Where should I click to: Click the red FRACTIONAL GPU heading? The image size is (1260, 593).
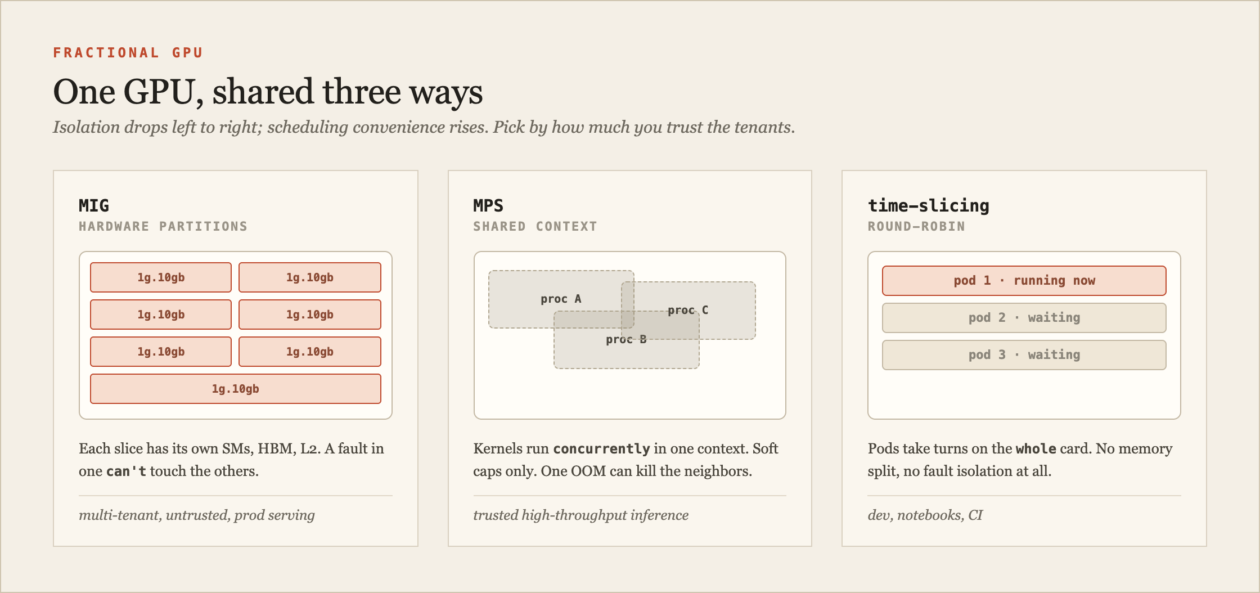point(128,53)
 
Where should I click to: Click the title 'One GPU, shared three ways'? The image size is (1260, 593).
point(268,92)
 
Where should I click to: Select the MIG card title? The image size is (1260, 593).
point(94,205)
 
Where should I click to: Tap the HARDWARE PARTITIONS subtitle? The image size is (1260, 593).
point(163,226)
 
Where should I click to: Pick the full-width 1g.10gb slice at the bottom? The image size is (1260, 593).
point(236,389)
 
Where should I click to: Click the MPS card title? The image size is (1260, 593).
point(488,205)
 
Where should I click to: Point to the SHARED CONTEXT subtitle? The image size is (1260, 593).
point(535,226)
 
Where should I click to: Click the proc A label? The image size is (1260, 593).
point(561,299)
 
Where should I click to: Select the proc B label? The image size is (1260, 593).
point(626,339)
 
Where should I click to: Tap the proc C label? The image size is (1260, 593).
point(688,310)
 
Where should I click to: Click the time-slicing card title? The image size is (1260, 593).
point(929,205)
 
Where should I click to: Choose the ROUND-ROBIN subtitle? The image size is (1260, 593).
point(916,226)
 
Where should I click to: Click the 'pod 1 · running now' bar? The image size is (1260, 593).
point(1024,281)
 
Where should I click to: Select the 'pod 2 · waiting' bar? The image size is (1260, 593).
point(1024,318)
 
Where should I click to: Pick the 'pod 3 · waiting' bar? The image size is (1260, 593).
point(1024,355)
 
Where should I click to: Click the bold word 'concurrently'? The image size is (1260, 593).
point(601,449)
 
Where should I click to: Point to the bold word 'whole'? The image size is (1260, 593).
point(1036,449)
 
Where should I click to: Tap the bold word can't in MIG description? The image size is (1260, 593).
point(126,471)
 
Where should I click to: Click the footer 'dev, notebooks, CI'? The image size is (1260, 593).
point(925,515)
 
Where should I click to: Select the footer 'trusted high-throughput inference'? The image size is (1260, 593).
point(581,515)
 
